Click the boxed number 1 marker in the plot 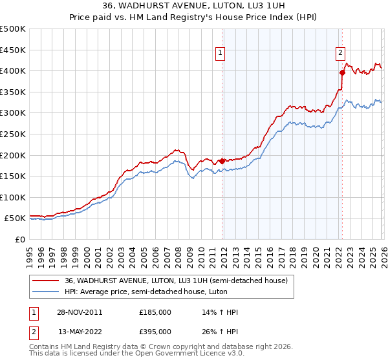[x=221, y=54]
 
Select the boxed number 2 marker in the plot [x=340, y=54]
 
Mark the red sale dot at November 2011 [x=222, y=161]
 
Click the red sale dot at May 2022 [x=341, y=72]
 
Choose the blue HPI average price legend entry [x=162, y=292]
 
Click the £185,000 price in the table [x=155, y=312]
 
